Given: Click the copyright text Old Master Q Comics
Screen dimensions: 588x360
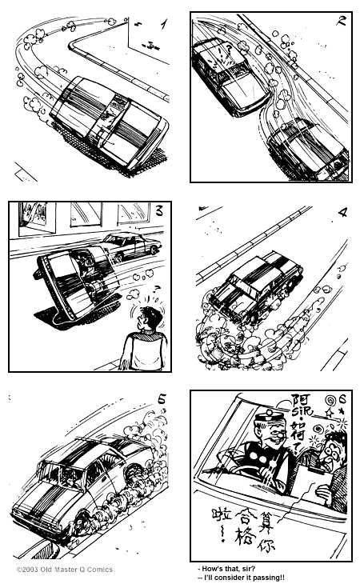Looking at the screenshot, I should point(65,570).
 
